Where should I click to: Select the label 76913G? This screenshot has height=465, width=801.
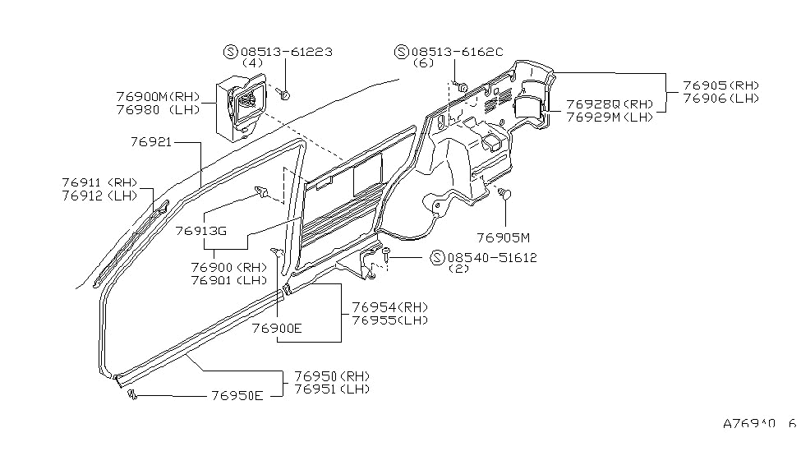coord(200,231)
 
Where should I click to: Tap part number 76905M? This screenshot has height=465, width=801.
coord(503,237)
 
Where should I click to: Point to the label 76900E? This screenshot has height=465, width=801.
coord(277,328)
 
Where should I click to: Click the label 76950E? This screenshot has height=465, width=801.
coord(237,396)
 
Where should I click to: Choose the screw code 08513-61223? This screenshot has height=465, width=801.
coord(287,52)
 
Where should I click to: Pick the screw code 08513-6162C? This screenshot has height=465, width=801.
coord(458,52)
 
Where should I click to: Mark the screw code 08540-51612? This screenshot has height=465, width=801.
coord(492,258)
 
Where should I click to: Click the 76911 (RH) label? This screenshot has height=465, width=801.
coord(99,182)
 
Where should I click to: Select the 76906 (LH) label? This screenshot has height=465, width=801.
coord(720,99)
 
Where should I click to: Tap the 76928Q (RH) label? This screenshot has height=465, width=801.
coord(610,104)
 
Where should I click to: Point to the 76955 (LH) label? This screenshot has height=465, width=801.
coord(389,320)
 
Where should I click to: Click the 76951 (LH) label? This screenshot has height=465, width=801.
coord(332,389)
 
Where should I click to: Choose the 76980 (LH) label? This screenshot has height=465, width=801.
coord(158,110)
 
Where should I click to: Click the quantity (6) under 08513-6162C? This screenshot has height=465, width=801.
coord(422,63)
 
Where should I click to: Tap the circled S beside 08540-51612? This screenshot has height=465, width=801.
coord(437,257)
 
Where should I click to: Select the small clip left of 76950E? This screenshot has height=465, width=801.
coord(132,394)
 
